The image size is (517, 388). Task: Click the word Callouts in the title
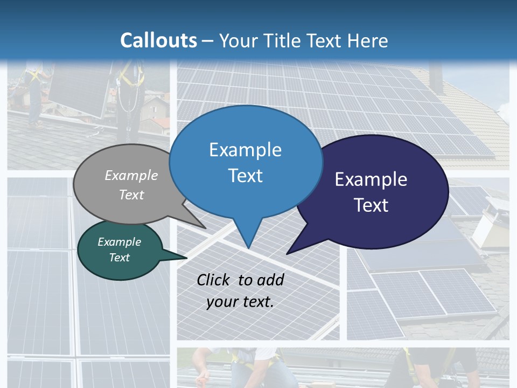(x=158, y=40)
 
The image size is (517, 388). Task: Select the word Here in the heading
(x=368, y=40)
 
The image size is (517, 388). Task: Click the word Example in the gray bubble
(x=131, y=175)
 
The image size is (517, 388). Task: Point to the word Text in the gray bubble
(x=131, y=195)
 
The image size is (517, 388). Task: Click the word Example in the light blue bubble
(x=245, y=150)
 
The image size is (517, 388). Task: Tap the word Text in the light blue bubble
(x=245, y=176)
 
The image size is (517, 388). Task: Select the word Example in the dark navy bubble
(x=371, y=179)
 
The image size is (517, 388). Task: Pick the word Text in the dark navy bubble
(x=371, y=205)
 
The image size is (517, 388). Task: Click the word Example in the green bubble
(x=120, y=242)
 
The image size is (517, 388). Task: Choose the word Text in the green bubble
(x=120, y=258)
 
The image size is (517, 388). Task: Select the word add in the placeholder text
(x=270, y=280)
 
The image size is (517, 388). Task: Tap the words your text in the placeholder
(x=240, y=302)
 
